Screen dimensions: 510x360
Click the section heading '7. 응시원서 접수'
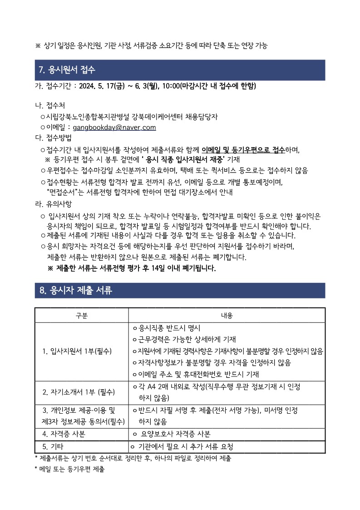point(67,70)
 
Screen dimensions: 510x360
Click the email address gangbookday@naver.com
point(114,128)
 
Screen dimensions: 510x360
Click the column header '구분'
point(82,315)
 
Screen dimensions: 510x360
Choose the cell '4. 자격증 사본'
point(64,433)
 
